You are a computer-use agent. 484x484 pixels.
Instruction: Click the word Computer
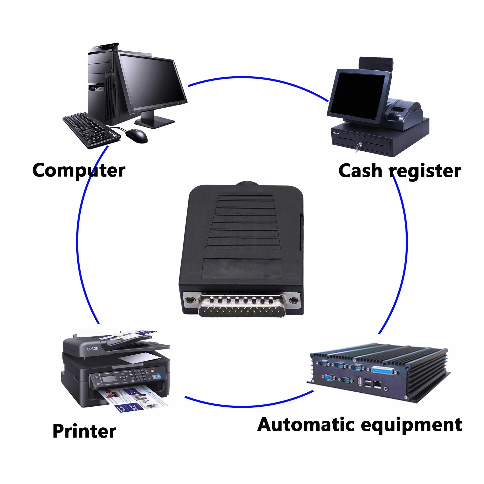pos(79,171)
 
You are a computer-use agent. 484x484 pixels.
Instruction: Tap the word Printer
pos(84,431)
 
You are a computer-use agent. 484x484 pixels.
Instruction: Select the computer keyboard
pos(91,130)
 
